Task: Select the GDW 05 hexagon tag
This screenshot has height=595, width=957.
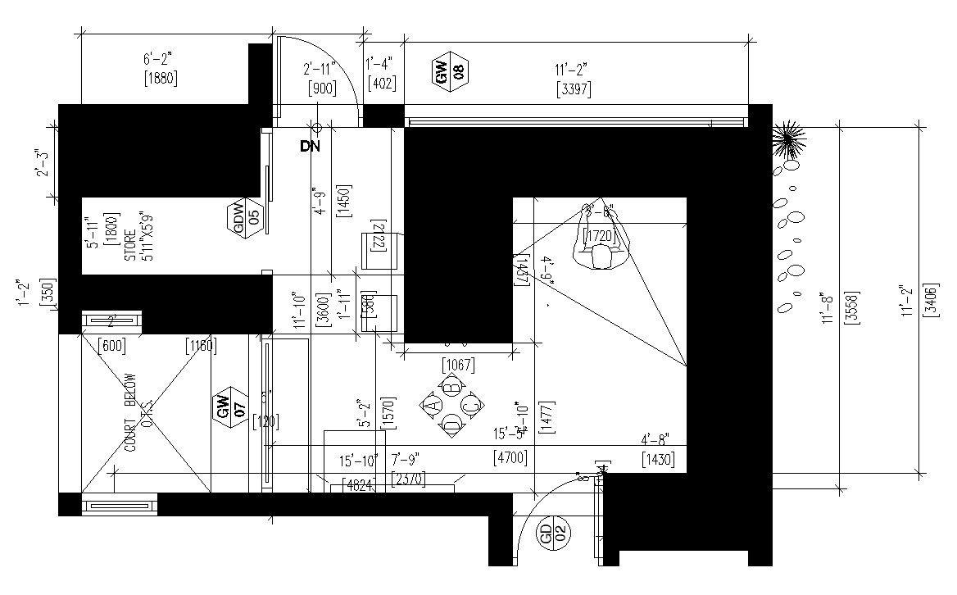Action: (246, 216)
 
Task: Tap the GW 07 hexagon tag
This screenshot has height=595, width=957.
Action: (232, 407)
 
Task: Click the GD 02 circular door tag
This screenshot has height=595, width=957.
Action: (554, 537)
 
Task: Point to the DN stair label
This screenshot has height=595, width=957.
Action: (310, 147)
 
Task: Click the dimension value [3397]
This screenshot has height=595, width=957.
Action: (573, 89)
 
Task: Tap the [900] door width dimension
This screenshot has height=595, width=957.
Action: (322, 89)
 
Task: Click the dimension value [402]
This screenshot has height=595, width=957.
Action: (383, 83)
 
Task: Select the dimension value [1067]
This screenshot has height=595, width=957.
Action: (458, 364)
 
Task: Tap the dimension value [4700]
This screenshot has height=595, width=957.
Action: (509, 456)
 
